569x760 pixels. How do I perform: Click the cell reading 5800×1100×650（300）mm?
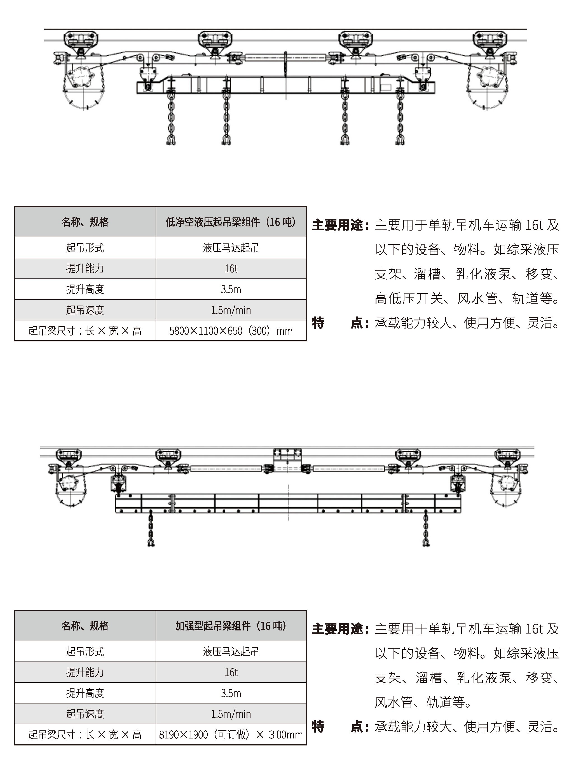coord(231,330)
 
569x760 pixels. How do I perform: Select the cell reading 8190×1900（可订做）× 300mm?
coord(231,735)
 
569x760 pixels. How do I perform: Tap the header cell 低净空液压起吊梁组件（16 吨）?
coord(231,222)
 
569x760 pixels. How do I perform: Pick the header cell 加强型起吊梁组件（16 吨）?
coord(231,626)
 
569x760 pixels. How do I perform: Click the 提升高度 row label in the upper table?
coord(85,289)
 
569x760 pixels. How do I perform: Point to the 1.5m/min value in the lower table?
coord(231,714)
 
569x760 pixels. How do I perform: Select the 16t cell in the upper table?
coord(231,268)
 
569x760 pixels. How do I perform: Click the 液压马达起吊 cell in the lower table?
coord(231,651)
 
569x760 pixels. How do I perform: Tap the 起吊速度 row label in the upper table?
coord(85,310)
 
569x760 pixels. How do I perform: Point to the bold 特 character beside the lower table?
coord(318,727)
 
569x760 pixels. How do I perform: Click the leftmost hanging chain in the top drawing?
coord(171,119)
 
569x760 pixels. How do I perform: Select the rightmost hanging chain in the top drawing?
coord(400,119)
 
